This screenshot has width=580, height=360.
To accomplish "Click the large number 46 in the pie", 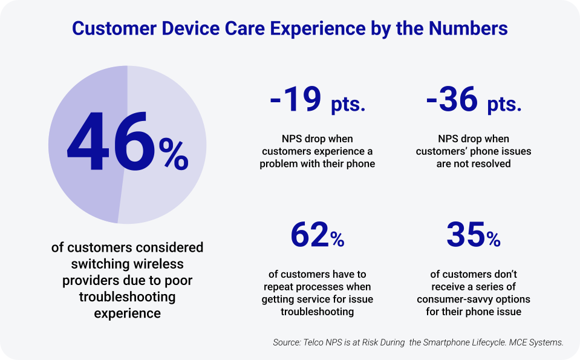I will click(x=110, y=143).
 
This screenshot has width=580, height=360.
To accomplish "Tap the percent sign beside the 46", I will click(x=174, y=154).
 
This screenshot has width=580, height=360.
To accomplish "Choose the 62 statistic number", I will click(x=310, y=235).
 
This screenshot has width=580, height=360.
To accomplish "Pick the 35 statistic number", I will click(x=466, y=235).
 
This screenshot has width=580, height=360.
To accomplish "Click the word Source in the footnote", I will click(x=286, y=342).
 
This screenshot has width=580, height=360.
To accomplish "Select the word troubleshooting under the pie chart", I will click(x=127, y=296).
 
